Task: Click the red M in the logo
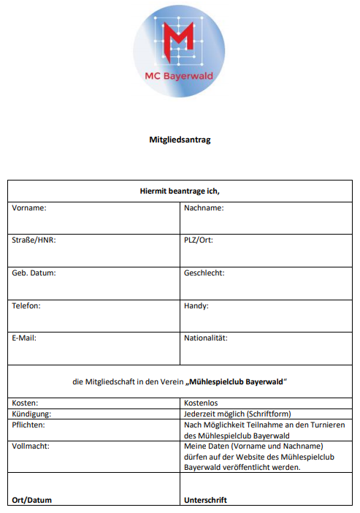[x=179, y=42]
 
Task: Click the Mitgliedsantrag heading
[x=180, y=140]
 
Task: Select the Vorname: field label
[x=29, y=208]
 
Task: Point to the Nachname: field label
[x=204, y=208]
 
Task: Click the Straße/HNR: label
[x=34, y=240]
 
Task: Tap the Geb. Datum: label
[x=34, y=273]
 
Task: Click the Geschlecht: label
[x=204, y=273]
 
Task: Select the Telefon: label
[x=26, y=305]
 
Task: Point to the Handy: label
[x=196, y=305]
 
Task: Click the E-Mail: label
[x=24, y=338]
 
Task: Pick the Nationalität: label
[x=206, y=338]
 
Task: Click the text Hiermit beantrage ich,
[x=180, y=191]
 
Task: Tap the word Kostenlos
[x=202, y=403]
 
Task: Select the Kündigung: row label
[x=31, y=414]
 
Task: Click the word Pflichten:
[x=29, y=425]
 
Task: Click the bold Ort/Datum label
[x=31, y=501]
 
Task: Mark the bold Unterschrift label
[x=206, y=501]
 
